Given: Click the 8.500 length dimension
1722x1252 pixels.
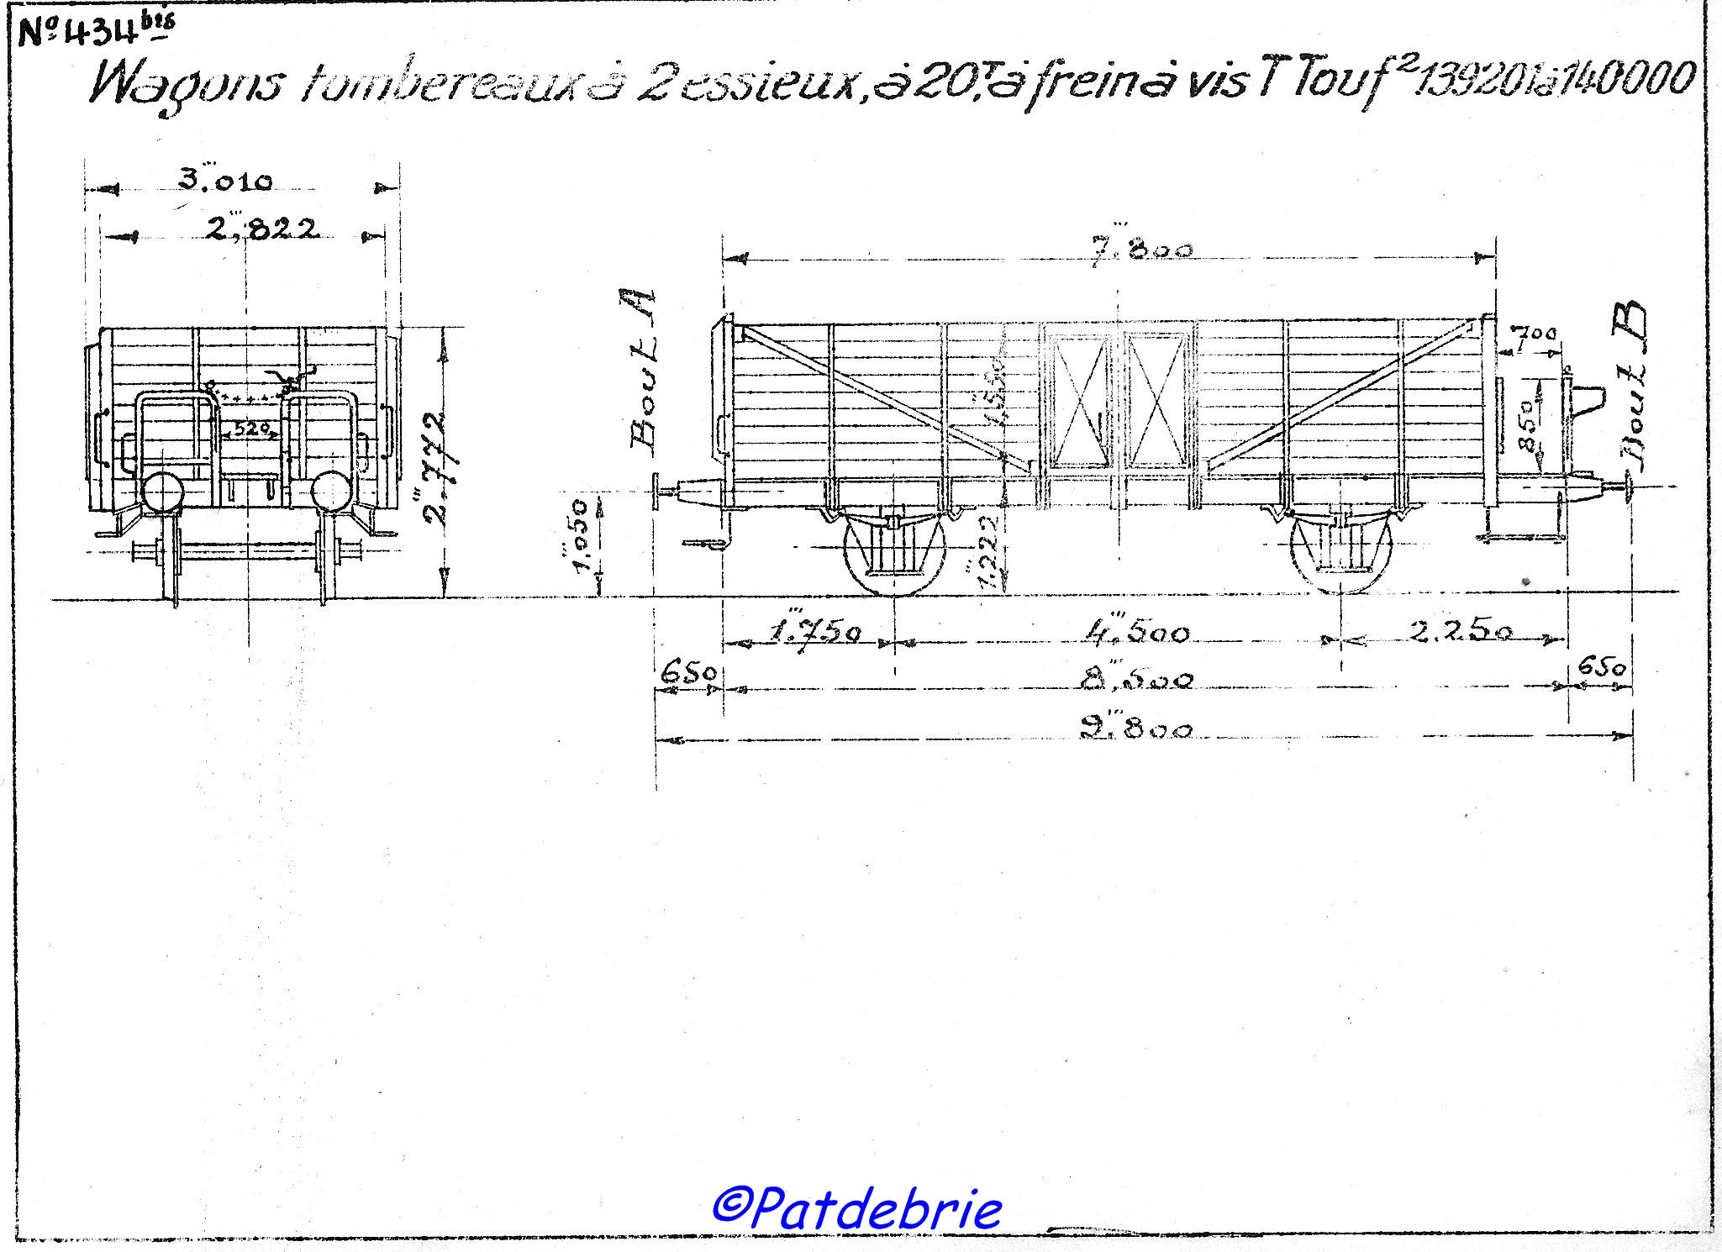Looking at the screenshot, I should click(1135, 681).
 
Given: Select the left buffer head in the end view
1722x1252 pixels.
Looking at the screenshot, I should click(160, 492).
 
